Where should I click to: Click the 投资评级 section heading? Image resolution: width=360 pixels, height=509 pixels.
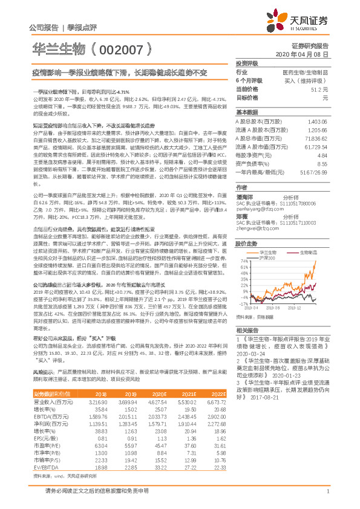click(x=247, y=63)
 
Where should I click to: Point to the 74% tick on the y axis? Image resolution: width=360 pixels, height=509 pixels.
click(x=243, y=261)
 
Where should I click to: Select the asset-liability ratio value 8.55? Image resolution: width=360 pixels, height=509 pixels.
click(x=322, y=163)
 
